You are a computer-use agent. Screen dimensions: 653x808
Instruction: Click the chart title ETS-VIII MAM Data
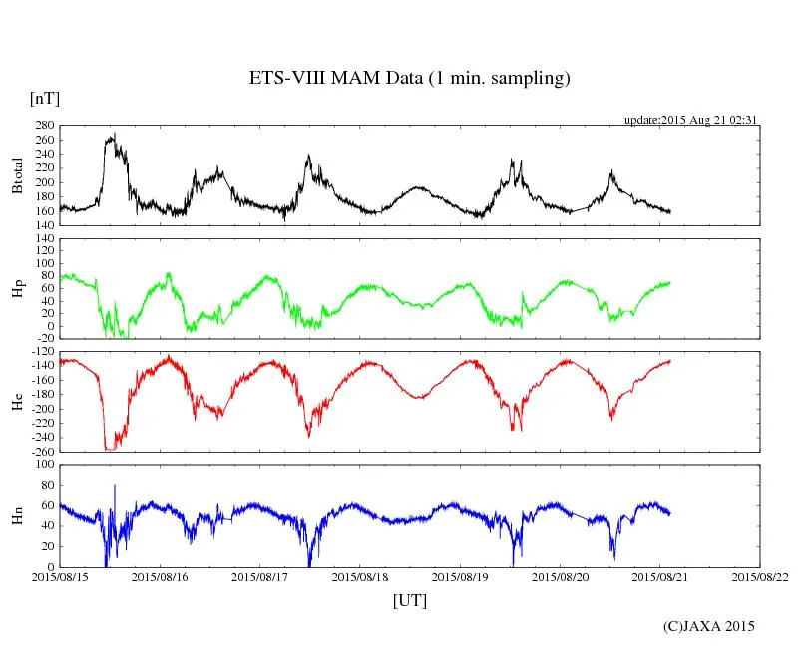coord(409,79)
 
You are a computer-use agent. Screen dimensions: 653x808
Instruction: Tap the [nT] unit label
coord(44,99)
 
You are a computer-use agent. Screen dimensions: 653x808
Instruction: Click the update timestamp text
coord(691,120)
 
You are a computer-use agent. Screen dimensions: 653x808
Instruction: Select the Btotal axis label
coord(17,175)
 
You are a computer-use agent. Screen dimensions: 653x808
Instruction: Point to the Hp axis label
coord(17,289)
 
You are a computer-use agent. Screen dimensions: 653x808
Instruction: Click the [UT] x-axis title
coord(409,600)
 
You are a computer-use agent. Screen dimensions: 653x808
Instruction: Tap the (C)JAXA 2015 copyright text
coord(709,626)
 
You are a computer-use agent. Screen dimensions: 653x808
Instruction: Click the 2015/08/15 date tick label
coord(60,576)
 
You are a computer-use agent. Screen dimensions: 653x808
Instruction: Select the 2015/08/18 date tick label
coord(360,576)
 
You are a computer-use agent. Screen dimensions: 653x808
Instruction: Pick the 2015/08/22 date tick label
coord(760,576)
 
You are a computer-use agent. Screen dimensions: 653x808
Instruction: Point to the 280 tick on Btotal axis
coord(43,126)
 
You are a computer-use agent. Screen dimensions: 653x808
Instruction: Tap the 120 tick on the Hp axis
coord(43,239)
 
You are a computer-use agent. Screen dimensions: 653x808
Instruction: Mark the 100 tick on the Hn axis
coord(43,465)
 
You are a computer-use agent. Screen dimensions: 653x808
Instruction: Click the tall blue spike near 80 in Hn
coord(115,487)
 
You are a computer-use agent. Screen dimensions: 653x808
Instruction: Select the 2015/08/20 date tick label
coord(561,576)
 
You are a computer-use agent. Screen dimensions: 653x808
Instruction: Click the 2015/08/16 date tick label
coord(160,576)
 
